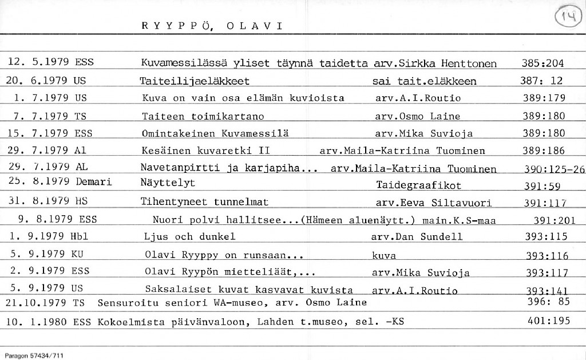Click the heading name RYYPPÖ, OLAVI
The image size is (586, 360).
tap(211, 26)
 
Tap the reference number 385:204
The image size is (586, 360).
tap(543, 63)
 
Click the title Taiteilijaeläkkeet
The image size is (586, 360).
tap(195, 81)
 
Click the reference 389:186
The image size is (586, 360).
tap(543, 151)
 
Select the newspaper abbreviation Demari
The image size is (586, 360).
tap(93, 182)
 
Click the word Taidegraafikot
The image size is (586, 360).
tap(419, 185)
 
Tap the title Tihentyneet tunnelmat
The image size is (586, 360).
tap(204, 201)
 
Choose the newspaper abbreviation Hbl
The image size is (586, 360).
tap(78, 235)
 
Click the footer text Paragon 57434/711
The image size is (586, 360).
tap(32, 355)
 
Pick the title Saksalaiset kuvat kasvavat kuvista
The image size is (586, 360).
tap(248, 289)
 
